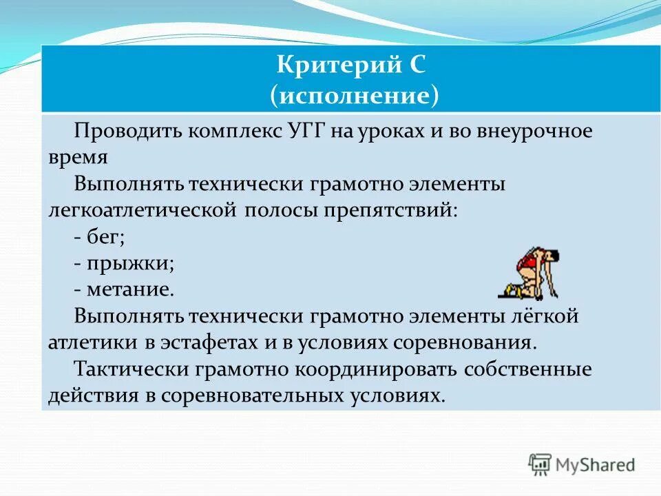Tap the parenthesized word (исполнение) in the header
click(x=355, y=95)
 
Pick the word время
click(x=77, y=157)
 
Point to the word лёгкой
click(x=548, y=316)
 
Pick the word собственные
click(x=527, y=369)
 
